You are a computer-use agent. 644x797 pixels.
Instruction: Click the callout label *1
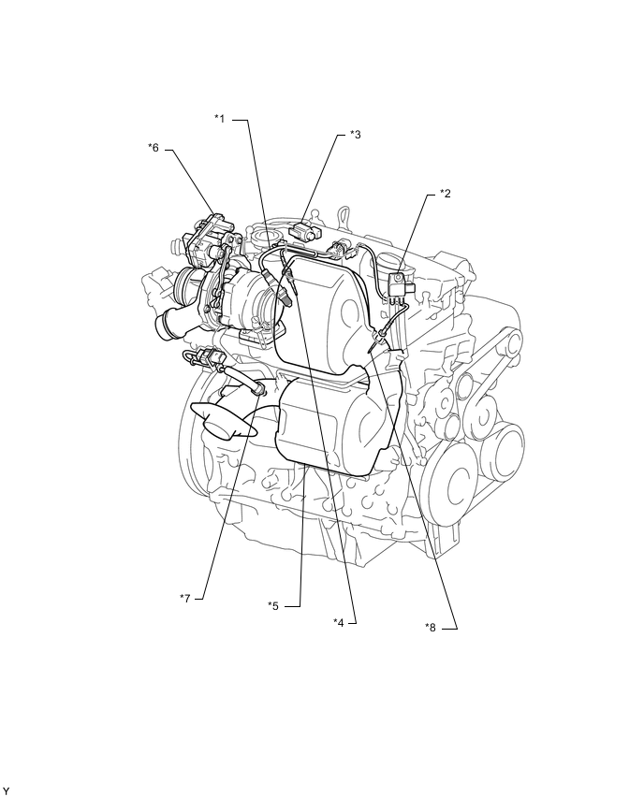[x=220, y=119]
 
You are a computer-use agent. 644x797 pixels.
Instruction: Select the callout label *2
[x=446, y=194]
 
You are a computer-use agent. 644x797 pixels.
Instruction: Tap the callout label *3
[x=355, y=135]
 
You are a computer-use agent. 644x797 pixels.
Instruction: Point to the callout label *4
[x=340, y=621]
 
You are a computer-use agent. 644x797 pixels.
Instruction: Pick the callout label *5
[x=273, y=605]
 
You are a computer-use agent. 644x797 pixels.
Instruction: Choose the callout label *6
[x=154, y=148]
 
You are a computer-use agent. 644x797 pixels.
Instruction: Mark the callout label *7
[x=185, y=597]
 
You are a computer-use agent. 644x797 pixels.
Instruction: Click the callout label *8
[x=431, y=628]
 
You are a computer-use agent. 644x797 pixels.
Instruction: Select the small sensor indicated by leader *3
[x=306, y=228]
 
